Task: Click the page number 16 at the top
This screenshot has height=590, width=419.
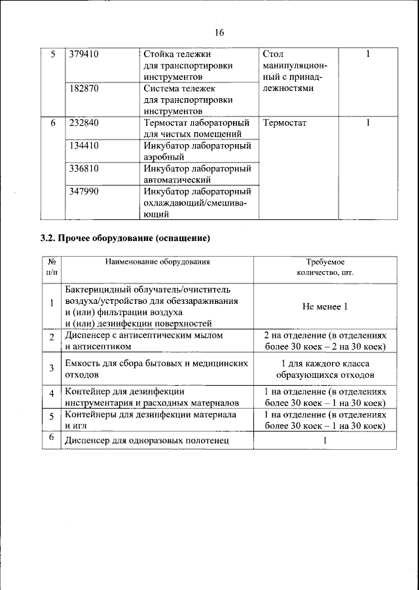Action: coord(219,33)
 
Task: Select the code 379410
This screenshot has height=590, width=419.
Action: coord(84,54)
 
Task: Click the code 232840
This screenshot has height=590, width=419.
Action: coord(84,122)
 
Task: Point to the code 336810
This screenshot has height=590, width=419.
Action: coord(84,168)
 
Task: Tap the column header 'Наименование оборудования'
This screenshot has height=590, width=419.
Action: coord(158,261)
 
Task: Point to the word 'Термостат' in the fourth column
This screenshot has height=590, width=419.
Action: coord(284,122)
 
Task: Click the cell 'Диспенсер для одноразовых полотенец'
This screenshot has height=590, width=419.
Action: coord(147,441)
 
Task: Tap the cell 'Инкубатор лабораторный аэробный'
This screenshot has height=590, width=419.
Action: coord(197,151)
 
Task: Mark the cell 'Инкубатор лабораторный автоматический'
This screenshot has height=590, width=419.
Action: coord(197,174)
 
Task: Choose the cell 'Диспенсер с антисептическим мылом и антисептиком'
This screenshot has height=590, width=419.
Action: coord(144,341)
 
